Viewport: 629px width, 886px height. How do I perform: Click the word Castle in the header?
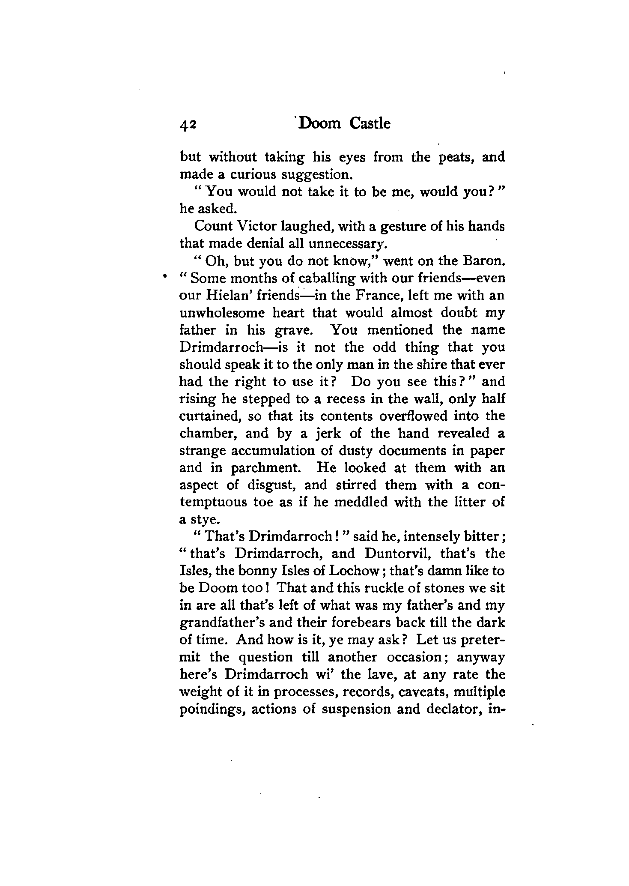click(370, 124)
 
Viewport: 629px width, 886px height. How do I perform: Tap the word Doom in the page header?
click(319, 124)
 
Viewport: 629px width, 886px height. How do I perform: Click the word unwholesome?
click(222, 313)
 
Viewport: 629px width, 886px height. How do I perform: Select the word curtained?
click(207, 416)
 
